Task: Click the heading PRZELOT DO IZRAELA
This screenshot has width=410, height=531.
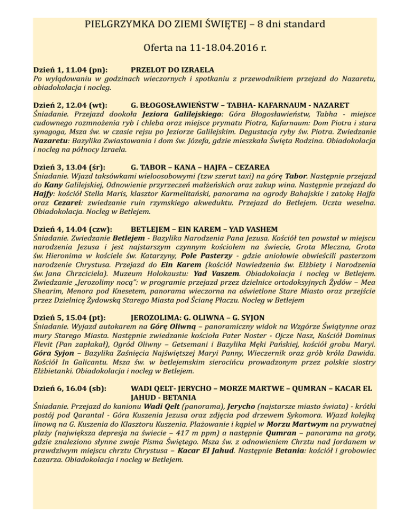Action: tap(172, 69)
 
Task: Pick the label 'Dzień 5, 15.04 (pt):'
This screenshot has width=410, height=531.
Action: tap(69, 315)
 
